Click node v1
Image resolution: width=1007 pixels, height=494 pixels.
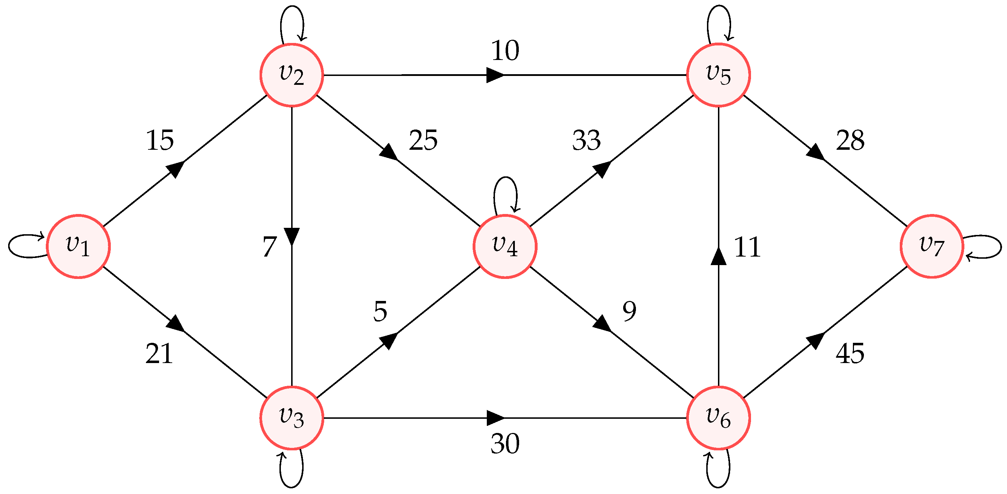pyautogui.click(x=78, y=246)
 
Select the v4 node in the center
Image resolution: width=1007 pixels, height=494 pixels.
pyautogui.click(x=505, y=246)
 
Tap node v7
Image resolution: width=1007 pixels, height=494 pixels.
pyautogui.click(x=932, y=246)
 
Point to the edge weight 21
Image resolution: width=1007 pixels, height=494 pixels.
pyautogui.click(x=159, y=354)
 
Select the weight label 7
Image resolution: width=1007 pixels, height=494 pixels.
pyautogui.click(x=270, y=247)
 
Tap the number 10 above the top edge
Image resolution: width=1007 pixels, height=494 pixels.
pyautogui.click(x=505, y=50)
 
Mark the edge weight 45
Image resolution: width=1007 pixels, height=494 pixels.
pyautogui.click(x=850, y=354)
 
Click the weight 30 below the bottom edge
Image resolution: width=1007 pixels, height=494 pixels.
pyautogui.click(x=505, y=444)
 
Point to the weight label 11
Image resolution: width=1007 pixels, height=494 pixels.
pyautogui.click(x=747, y=247)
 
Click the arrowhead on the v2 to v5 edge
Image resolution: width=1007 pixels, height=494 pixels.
pyautogui.click(x=495, y=75)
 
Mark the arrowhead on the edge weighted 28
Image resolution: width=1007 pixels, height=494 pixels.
pyautogui.click(x=816, y=152)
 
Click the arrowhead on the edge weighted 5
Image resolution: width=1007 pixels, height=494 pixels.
pyautogui.click(x=388, y=340)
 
